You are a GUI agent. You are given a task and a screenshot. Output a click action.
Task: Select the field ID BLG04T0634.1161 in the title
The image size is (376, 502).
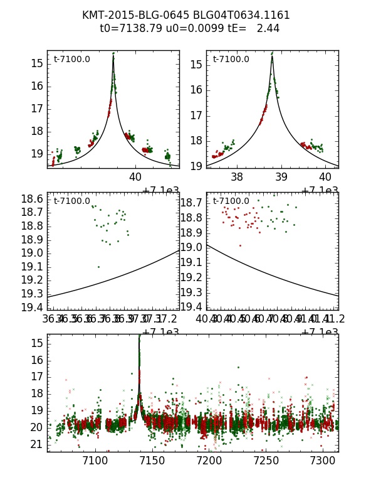(240, 15)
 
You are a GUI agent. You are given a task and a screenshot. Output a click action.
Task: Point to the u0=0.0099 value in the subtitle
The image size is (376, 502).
(187, 28)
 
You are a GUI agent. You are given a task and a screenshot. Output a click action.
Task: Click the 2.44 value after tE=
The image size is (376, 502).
(268, 28)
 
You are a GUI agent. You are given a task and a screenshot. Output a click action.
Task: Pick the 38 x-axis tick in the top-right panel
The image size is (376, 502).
(237, 177)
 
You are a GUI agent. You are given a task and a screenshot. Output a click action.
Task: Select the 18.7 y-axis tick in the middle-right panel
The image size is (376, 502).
(191, 203)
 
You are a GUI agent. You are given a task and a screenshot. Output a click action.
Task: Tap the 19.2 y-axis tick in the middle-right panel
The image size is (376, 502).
(191, 277)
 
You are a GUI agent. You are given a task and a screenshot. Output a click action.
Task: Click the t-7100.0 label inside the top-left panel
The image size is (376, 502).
(71, 60)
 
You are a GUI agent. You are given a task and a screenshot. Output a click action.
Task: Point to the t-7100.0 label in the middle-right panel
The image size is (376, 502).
(231, 201)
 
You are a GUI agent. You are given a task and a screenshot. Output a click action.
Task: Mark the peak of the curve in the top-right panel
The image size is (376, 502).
(272, 56)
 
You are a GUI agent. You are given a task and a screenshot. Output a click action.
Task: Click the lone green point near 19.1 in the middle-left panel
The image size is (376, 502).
(98, 267)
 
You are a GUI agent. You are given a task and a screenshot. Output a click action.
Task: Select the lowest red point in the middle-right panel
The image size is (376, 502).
(240, 245)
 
